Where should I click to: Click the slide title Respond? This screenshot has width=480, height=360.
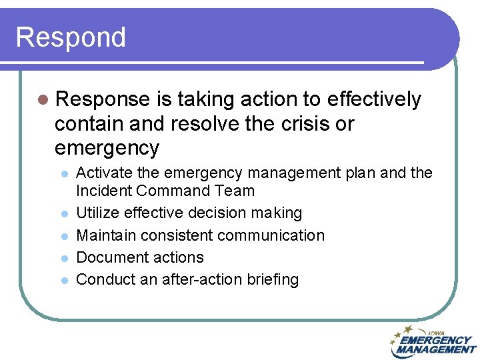pyautogui.click(x=71, y=37)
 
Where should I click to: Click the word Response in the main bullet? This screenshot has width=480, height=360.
pyautogui.click(x=103, y=99)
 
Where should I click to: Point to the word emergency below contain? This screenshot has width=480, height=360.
pyautogui.click(x=107, y=147)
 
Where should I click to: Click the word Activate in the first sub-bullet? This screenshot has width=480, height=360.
pyautogui.click(x=105, y=173)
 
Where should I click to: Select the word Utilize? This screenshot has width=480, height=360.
pyautogui.click(x=97, y=213)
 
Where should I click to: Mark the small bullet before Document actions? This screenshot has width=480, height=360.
pyautogui.click(x=64, y=258)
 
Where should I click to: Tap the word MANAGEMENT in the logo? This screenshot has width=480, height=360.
pyautogui.click(x=436, y=349)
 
